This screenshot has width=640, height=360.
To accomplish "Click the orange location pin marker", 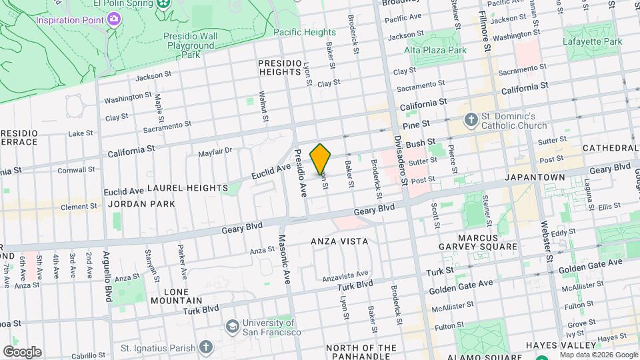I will click(321, 159).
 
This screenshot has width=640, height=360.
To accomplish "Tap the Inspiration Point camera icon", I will click(114, 19).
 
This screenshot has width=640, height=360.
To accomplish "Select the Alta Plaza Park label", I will click(435, 49).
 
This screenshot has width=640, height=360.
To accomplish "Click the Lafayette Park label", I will click(593, 41).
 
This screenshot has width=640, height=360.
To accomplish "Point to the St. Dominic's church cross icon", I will click(471, 120).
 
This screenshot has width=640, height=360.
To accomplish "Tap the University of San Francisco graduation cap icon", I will click(232, 327).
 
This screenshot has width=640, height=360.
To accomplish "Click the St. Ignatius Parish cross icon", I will click(206, 347).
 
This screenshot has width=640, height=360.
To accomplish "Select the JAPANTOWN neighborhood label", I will click(535, 177).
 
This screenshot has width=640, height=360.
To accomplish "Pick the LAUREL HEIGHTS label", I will click(187, 189).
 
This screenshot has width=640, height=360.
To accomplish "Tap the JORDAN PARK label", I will click(141, 204).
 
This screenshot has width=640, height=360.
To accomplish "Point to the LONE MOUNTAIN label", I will click(177, 297).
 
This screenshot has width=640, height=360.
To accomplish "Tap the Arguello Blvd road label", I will click(106, 274).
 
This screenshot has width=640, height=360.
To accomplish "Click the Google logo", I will click(22, 352).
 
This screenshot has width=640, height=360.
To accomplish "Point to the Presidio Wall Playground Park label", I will click(190, 46).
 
